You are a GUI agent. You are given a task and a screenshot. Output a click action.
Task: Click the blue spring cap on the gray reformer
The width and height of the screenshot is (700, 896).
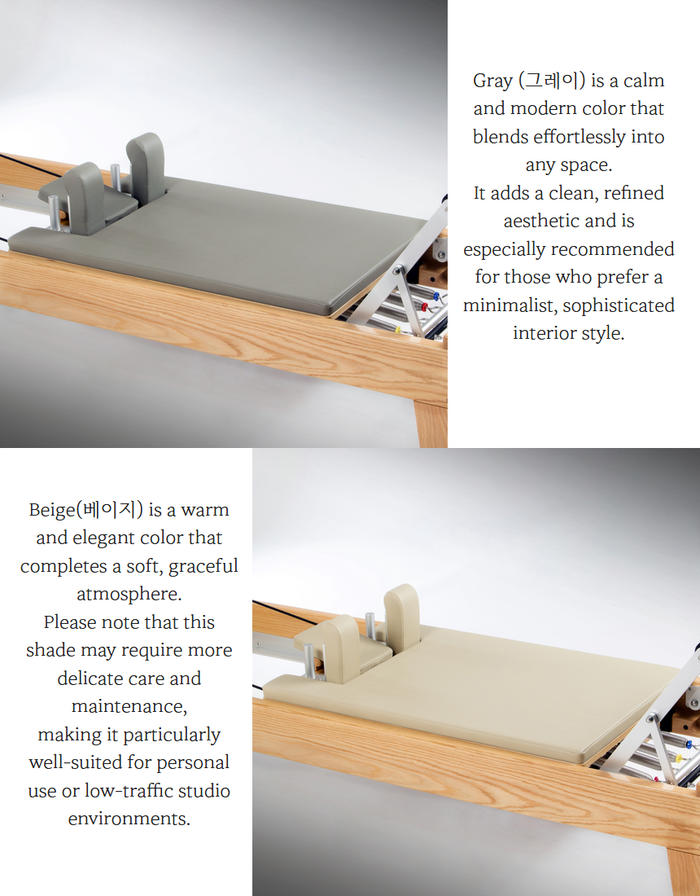tap(437, 296)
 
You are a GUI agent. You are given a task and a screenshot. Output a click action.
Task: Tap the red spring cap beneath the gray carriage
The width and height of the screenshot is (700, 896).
tap(424, 307)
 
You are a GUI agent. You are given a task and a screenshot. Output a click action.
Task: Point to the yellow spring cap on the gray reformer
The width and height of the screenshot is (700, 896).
tap(397, 330)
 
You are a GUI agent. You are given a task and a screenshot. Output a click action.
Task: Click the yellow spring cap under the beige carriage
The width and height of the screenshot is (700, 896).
tap(679, 758)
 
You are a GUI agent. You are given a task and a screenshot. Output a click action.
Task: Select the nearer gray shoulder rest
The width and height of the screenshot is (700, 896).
tap(84, 196)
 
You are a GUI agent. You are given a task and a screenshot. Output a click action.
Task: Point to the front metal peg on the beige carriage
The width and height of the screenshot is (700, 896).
tap(308, 661)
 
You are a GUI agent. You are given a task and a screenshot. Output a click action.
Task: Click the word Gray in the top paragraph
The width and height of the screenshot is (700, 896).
tap(492, 81)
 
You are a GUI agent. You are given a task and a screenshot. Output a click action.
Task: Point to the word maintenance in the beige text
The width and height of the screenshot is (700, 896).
tap(129, 706)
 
